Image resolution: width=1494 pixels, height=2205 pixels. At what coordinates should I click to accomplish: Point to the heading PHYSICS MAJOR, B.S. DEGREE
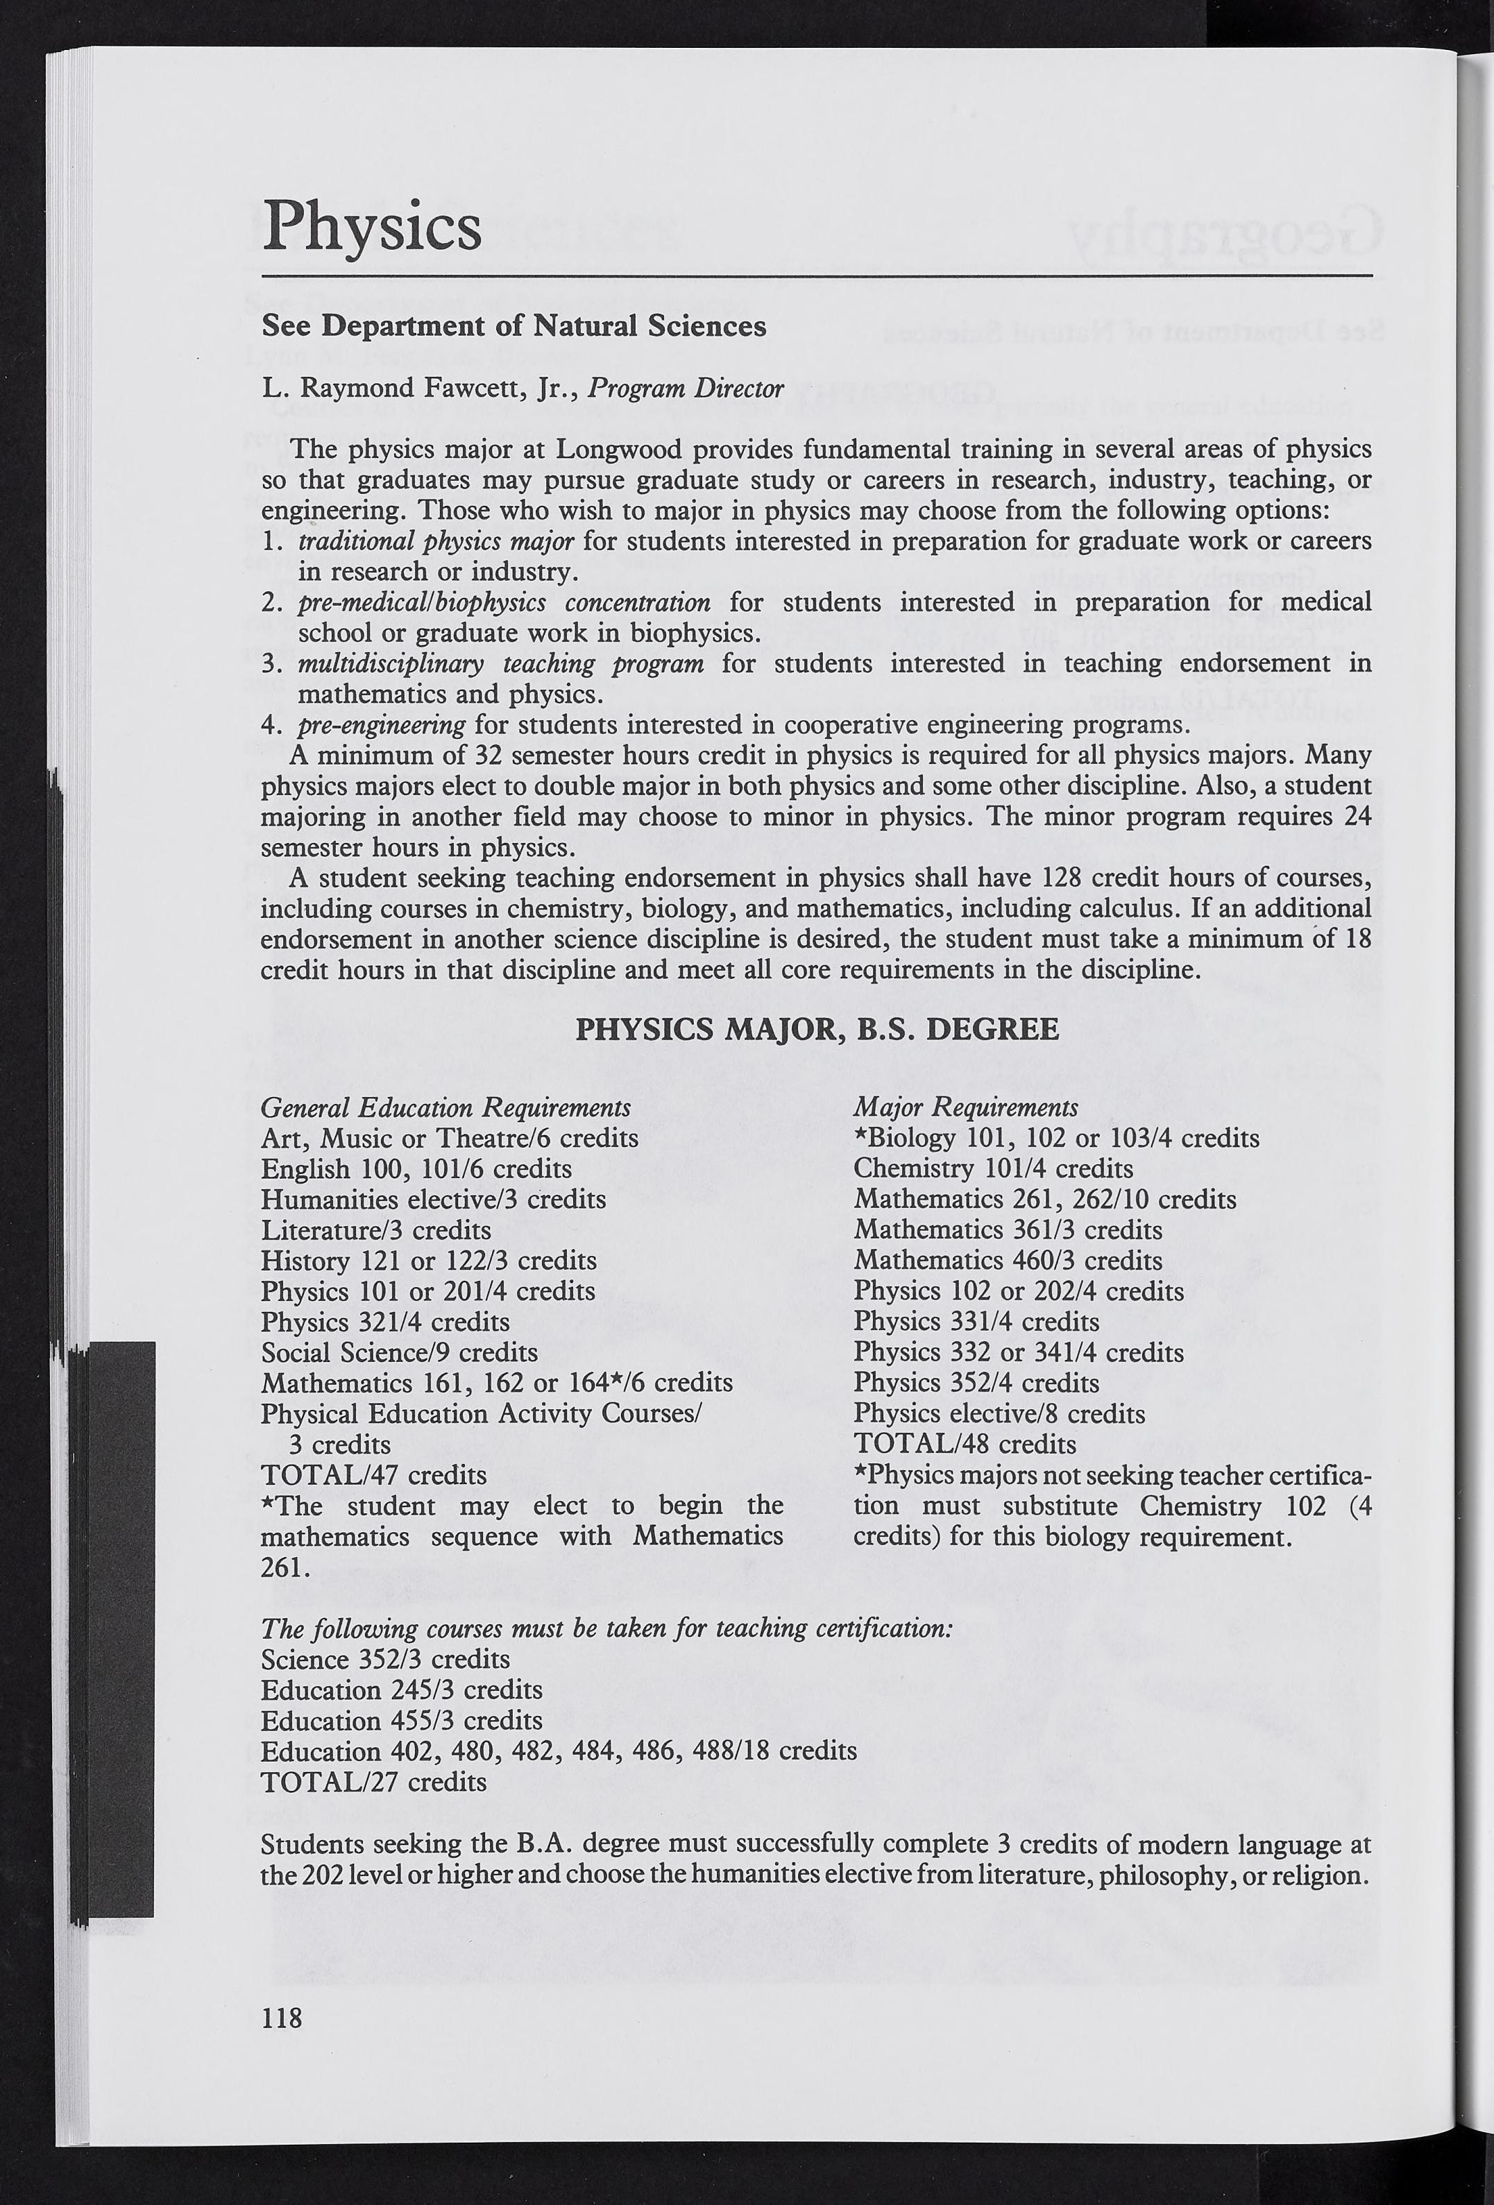point(817,1030)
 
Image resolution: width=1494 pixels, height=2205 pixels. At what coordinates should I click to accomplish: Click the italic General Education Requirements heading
point(445,1107)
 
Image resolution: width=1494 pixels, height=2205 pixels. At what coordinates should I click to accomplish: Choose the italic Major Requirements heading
point(965,1107)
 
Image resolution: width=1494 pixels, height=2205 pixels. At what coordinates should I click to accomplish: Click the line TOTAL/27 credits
point(373,1782)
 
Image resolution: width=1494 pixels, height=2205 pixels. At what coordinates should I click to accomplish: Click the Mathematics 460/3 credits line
point(1007,1260)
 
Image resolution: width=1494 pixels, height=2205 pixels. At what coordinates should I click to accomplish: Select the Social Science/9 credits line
point(398,1352)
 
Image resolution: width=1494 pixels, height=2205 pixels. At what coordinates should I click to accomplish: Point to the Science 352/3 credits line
point(385,1660)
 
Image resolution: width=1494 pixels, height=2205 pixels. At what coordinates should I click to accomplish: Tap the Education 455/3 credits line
point(402,1720)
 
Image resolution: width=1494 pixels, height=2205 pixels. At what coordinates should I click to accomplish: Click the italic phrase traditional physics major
point(436,540)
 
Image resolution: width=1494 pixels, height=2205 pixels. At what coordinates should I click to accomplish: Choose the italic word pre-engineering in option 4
point(382,726)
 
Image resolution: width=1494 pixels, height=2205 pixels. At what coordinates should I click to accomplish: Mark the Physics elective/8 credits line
point(999,1414)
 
